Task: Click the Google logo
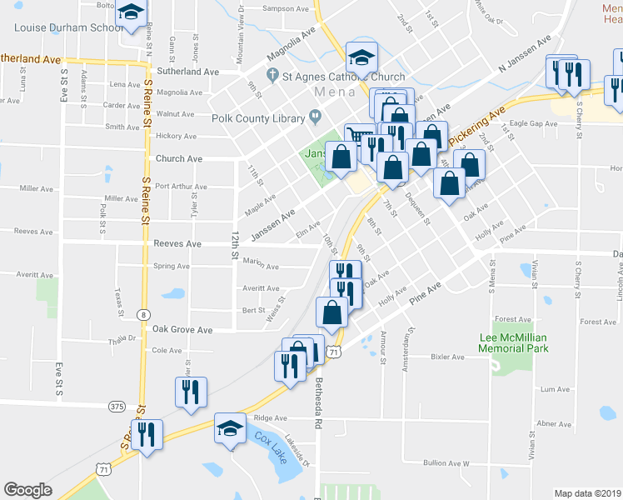[x=27, y=490]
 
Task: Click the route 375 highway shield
[x=117, y=407]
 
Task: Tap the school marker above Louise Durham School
[x=131, y=13]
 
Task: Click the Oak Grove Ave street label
[x=182, y=330]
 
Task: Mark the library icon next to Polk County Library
[x=315, y=118]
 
